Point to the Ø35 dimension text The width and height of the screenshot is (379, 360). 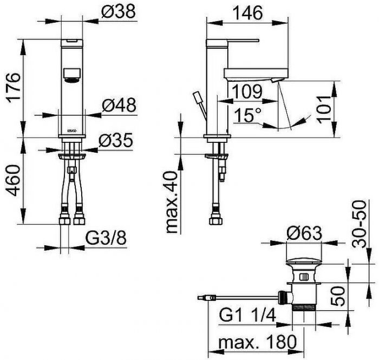116,141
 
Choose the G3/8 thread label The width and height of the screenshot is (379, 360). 106,238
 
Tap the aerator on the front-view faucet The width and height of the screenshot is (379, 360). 71,74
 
